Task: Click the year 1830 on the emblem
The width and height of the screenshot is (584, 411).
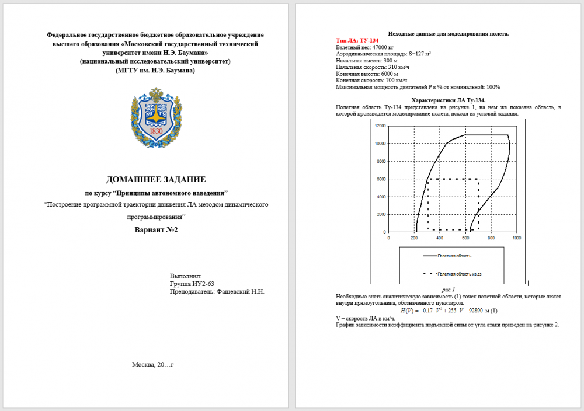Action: click(x=156, y=131)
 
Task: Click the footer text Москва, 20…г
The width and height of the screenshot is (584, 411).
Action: click(x=153, y=365)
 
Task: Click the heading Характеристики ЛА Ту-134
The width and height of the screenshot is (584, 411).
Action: click(x=449, y=100)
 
